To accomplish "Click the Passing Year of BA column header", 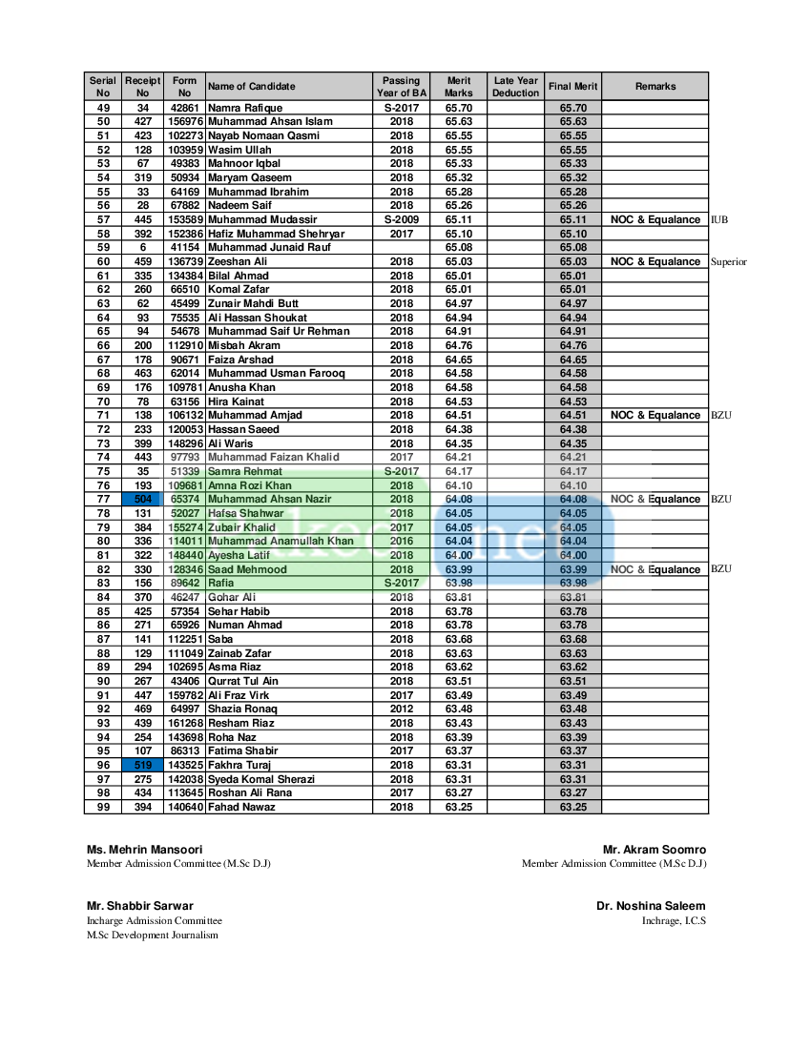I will pos(401,87).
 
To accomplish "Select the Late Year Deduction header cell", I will pos(515,87).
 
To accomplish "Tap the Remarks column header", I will pos(655,87).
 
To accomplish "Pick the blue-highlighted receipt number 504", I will pos(142,499).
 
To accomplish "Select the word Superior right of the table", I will pos(729,261).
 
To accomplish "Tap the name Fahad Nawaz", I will pos(241,807).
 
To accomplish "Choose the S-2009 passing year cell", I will pos(401,219).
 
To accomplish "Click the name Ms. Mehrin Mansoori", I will pos(144,849).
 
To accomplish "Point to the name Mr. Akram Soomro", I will pos(654,849).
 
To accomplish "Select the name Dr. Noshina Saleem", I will pos(651,906).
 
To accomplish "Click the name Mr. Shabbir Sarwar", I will pos(140,906).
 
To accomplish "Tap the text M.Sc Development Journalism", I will pos(152,935).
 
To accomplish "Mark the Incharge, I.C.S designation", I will pos(674,920).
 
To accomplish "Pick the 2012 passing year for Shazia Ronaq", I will pos(401,709).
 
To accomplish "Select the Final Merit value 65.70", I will pos(572,108).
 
